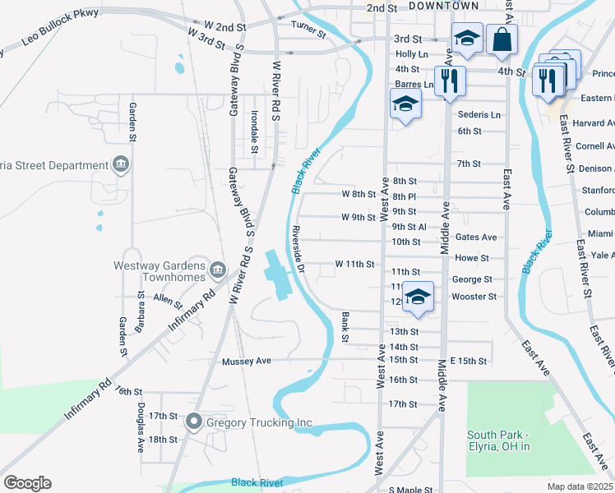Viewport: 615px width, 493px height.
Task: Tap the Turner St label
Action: click(x=308, y=25)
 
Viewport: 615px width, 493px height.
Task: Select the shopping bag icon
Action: click(x=502, y=39)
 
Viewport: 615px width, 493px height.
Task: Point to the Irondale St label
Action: click(x=255, y=132)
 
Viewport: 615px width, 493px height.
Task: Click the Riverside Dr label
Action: click(x=300, y=249)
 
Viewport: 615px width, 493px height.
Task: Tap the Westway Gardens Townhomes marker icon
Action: click(x=218, y=269)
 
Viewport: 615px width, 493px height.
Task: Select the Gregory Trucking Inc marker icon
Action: click(x=194, y=422)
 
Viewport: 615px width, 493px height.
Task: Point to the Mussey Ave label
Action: click(x=246, y=361)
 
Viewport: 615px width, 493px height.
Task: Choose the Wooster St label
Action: click(x=474, y=297)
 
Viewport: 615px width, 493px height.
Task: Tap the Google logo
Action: click(x=27, y=483)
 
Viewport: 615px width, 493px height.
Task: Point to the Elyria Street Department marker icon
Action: click(x=121, y=165)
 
